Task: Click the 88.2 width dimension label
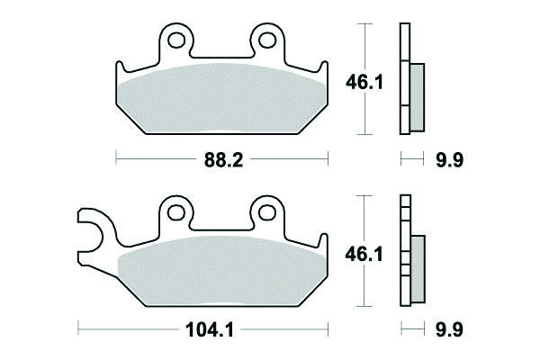pos(223,160)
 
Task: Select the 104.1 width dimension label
pos(210,330)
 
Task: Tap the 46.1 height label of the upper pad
pos(364,83)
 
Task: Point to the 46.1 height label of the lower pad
pos(364,255)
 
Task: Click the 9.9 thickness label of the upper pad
pos(450,160)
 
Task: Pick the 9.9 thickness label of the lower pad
pos(449,330)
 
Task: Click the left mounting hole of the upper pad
pos(176,40)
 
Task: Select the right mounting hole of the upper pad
pos(267,40)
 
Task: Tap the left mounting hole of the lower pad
pos(176,212)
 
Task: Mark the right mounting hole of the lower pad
pos(267,212)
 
